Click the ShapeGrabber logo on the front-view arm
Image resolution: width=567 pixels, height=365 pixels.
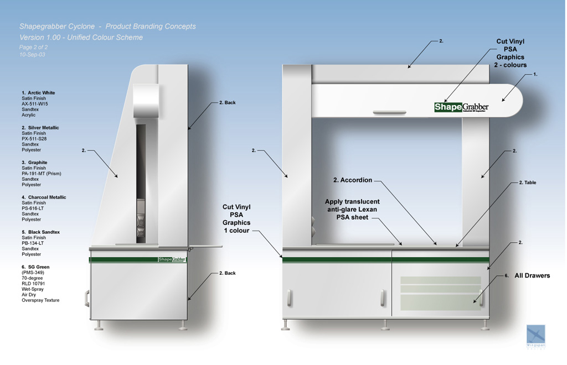click(461, 107)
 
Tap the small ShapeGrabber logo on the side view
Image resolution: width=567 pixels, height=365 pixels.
click(172, 259)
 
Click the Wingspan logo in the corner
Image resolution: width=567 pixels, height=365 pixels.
click(535, 336)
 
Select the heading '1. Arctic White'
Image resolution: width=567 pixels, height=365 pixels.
click(38, 93)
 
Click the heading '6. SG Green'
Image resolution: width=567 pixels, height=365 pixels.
click(35, 267)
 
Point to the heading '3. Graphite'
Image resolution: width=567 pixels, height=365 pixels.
click(34, 163)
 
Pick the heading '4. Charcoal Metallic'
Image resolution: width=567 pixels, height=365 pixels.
click(44, 197)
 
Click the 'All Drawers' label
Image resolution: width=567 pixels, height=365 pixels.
click(532, 275)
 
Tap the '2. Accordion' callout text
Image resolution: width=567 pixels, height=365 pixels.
click(353, 180)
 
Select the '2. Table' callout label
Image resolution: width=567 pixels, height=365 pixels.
click(527, 182)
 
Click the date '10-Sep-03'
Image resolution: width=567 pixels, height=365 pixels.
click(32, 55)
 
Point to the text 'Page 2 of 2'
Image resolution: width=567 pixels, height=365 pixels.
click(33, 48)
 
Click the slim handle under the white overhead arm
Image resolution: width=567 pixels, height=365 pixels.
click(389, 113)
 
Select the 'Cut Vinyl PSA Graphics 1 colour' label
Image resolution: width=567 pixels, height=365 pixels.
click(236, 218)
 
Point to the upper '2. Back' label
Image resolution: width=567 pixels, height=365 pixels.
click(227, 103)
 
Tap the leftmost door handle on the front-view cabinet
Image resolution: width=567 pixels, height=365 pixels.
click(289, 298)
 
